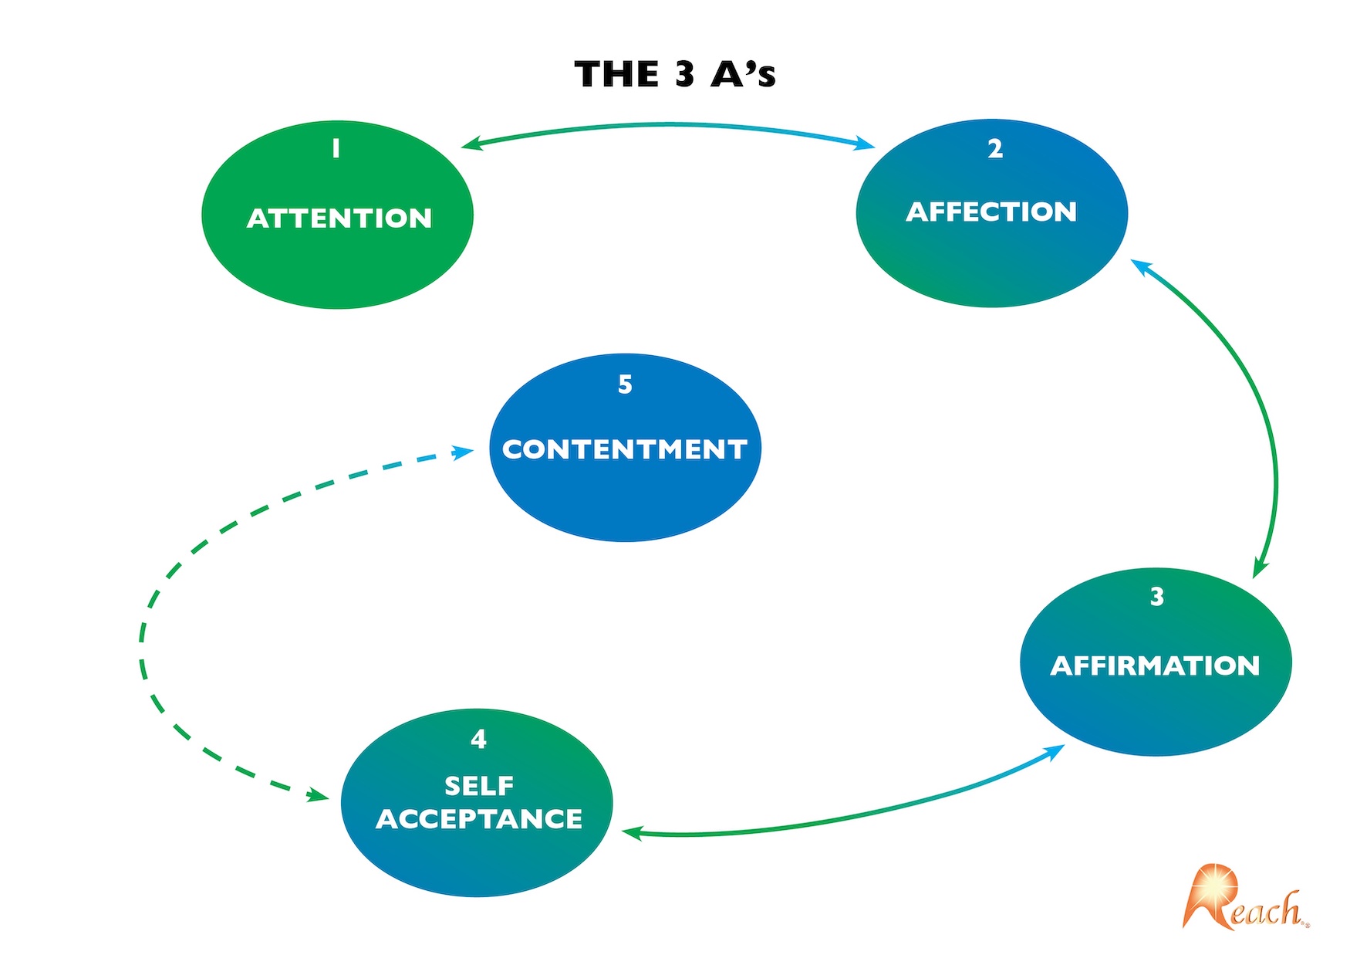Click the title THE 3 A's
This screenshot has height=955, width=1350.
pos(675,74)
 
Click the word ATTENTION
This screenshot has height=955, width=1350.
pos(339,218)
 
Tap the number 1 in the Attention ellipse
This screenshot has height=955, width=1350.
pos(336,148)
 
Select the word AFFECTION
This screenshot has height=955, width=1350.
pos(991,212)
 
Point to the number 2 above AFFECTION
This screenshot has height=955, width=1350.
pos(995,149)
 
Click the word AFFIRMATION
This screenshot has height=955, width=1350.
pos(1155,665)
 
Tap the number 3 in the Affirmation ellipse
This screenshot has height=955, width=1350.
pos(1156,597)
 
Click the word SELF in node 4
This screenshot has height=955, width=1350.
pos(479,786)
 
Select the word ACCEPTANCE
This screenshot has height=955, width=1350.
pos(479,819)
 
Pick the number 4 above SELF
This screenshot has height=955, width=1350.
pos(478,740)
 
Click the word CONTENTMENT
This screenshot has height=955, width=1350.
pos(625,449)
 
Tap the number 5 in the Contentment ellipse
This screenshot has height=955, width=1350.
pos(625,384)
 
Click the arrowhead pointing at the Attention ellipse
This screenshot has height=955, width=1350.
pos(471,144)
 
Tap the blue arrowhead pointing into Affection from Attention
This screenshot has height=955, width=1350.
pos(865,144)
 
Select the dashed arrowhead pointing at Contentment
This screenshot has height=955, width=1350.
pos(464,452)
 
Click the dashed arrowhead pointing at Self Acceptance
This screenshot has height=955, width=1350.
pos(317,795)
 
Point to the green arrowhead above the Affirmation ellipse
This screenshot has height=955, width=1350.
pos(1259,567)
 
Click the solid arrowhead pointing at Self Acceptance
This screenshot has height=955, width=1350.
pos(632,832)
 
